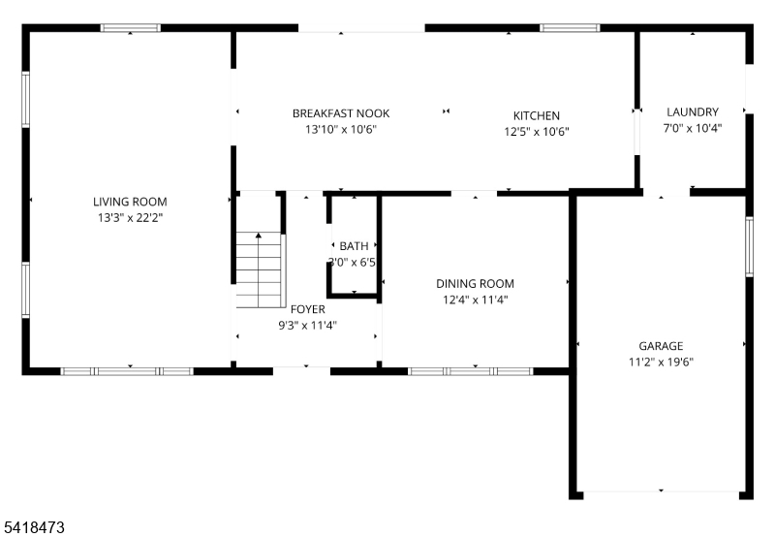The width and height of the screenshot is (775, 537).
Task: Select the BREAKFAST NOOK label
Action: pyautogui.click(x=340, y=113)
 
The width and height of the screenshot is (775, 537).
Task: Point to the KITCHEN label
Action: pyautogui.click(x=536, y=116)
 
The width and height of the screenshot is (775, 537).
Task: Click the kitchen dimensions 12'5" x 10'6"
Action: pyautogui.click(x=536, y=132)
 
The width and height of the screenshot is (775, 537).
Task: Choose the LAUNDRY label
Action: pyautogui.click(x=692, y=111)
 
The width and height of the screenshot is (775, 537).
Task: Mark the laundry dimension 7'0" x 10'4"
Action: pyautogui.click(x=692, y=127)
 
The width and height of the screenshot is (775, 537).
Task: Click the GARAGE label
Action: pyautogui.click(x=660, y=346)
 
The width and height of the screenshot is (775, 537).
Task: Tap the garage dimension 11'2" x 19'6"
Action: pyautogui.click(x=660, y=362)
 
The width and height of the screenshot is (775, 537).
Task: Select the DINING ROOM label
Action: pyautogui.click(x=475, y=284)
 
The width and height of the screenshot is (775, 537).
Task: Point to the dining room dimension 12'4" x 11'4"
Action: pyautogui.click(x=475, y=300)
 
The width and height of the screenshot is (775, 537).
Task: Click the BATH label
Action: pyautogui.click(x=354, y=246)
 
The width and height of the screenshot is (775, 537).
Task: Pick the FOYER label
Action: pyautogui.click(x=307, y=309)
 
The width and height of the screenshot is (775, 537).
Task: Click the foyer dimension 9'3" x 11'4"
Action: pyautogui.click(x=307, y=326)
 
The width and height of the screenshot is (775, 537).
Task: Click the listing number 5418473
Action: pyautogui.click(x=34, y=528)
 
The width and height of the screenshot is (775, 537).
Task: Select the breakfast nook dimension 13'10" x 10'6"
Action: pyautogui.click(x=340, y=129)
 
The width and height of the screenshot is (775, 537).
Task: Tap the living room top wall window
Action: pyautogui.click(x=131, y=28)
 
